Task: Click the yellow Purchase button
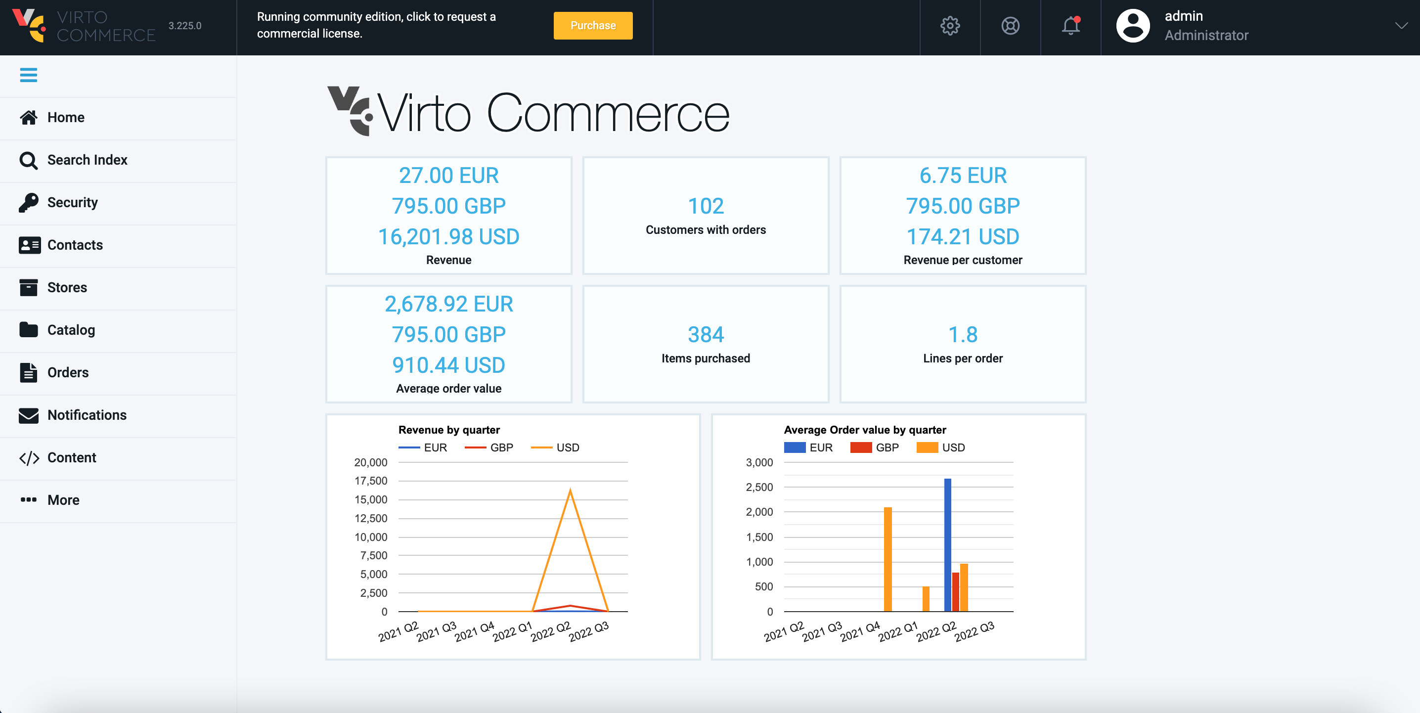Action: click(593, 25)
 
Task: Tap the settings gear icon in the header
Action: click(950, 26)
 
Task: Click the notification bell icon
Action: click(1070, 26)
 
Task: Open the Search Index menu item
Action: click(87, 160)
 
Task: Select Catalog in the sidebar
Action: click(71, 330)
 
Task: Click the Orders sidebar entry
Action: click(68, 372)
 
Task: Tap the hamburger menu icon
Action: click(29, 75)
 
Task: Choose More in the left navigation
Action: click(63, 499)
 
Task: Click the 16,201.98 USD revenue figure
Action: click(449, 236)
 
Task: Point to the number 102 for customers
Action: click(706, 206)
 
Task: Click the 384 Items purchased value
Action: click(706, 335)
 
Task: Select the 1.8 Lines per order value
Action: click(963, 335)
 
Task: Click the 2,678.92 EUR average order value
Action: click(449, 304)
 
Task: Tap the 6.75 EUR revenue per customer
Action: click(963, 176)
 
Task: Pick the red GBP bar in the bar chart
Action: click(955, 592)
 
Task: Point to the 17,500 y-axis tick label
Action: click(370, 481)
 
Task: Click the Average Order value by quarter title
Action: click(864, 430)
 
